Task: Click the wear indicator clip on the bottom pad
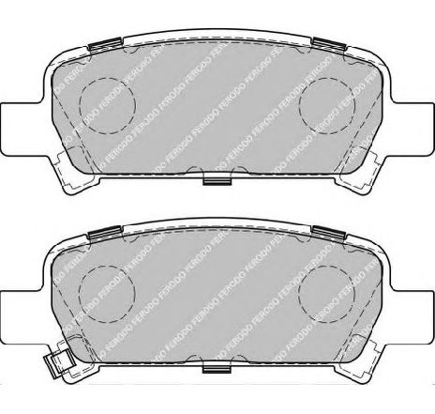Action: point(64,360)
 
